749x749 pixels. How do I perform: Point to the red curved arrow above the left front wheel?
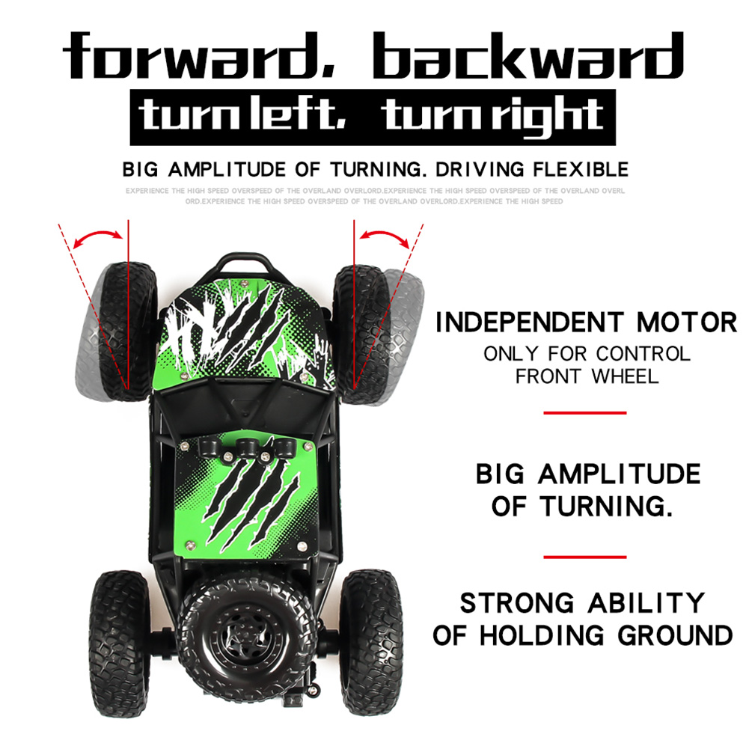100,236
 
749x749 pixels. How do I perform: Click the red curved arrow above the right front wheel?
382,236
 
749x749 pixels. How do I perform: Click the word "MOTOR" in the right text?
687,323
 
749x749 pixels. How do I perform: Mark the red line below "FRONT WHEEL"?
584,412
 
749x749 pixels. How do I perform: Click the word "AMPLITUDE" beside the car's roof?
620,474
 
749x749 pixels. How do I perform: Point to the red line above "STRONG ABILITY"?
584,557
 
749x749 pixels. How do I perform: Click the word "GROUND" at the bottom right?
675,636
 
